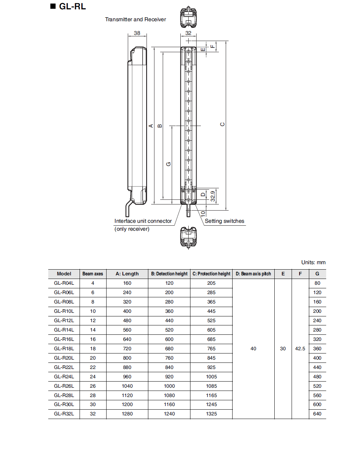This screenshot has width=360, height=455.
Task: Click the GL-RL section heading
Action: tap(72, 6)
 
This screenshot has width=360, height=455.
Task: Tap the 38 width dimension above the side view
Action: tap(137, 33)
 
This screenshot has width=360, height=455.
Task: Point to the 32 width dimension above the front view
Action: tap(188, 33)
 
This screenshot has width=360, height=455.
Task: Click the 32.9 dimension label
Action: tap(213, 196)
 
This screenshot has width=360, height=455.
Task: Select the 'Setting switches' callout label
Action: tap(224, 221)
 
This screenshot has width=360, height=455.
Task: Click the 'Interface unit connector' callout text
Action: tap(143, 221)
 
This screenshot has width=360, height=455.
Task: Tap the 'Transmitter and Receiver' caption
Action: tap(135, 19)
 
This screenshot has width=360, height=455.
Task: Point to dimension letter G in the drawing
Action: tap(168, 164)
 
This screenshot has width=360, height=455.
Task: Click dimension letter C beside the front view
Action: tap(222, 125)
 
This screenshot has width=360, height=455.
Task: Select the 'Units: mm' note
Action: tap(313, 262)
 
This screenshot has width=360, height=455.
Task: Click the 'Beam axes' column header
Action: tap(93, 274)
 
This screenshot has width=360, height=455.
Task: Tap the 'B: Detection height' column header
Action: tap(169, 274)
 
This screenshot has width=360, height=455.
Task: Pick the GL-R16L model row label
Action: tap(64, 339)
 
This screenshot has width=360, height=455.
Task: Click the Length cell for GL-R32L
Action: tap(127, 414)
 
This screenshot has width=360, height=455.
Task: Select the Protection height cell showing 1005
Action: tap(211, 377)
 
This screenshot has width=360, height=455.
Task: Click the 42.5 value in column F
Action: tap(300, 348)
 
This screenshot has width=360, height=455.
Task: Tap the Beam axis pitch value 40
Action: tap(253, 348)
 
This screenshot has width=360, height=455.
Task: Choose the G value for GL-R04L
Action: tap(317, 283)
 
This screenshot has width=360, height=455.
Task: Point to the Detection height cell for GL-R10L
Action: tap(169, 311)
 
